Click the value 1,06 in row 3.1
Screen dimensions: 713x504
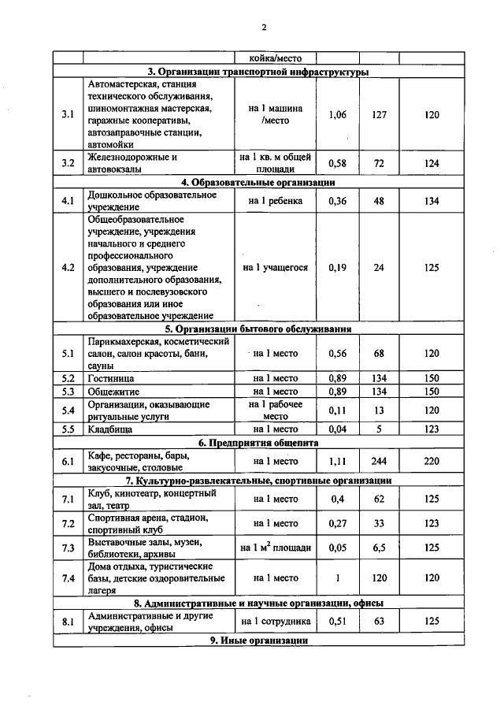point(336,115)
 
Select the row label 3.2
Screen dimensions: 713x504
point(68,163)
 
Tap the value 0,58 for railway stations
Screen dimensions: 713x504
point(336,163)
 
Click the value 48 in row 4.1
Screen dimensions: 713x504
point(379,200)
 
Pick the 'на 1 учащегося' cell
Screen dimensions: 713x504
point(276,267)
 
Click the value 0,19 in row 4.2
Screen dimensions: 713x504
point(336,267)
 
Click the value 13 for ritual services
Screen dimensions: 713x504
point(379,410)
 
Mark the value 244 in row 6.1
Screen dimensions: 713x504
point(379,461)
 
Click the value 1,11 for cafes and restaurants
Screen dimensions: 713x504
point(336,461)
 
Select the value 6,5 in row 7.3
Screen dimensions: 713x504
point(379,548)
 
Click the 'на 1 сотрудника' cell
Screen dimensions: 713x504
point(276,622)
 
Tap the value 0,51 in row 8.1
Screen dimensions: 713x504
point(336,622)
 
